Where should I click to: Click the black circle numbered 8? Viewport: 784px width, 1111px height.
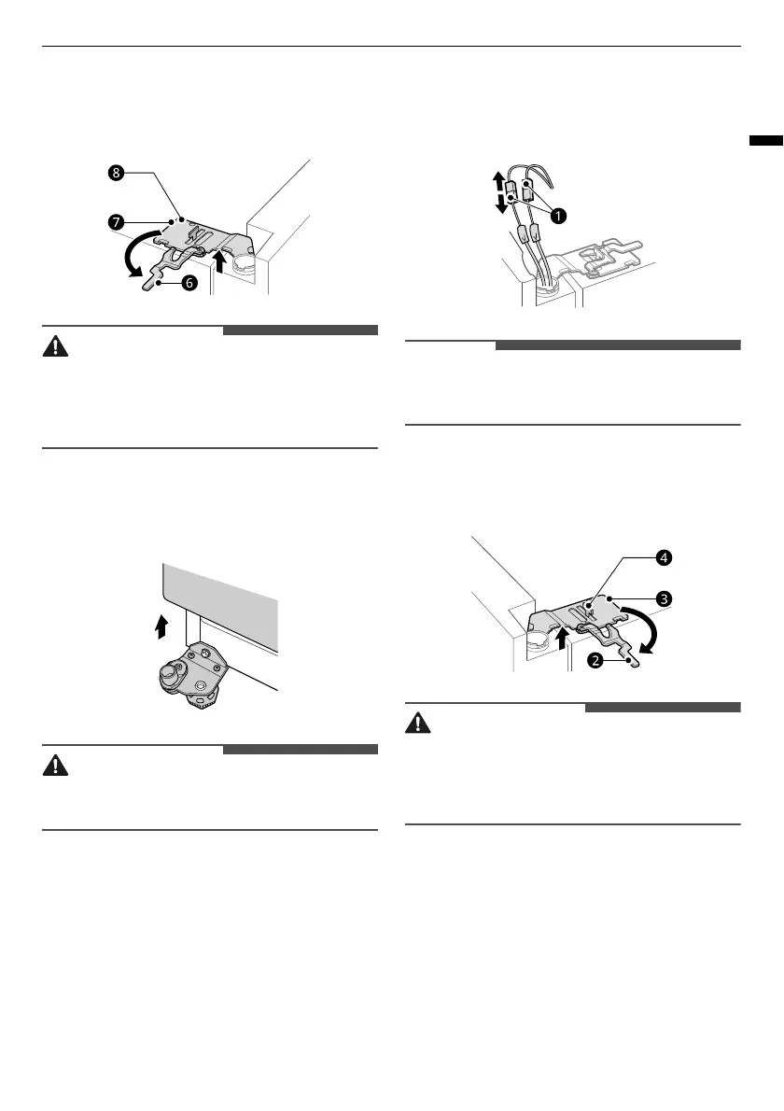115,173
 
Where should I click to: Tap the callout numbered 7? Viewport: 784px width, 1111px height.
115,223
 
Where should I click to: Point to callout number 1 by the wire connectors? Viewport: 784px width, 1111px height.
558,215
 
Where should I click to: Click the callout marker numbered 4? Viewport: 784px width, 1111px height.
664,558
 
